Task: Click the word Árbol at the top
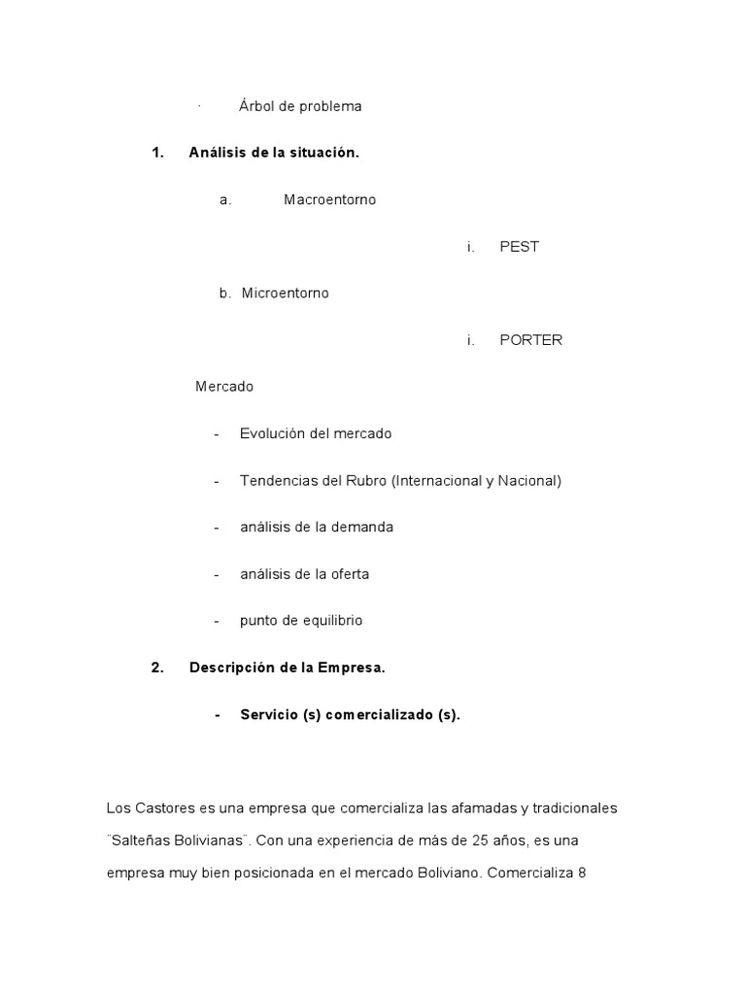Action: [x=256, y=106]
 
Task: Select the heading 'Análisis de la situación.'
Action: [x=274, y=153]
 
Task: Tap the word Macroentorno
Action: [x=329, y=199]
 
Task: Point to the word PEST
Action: [x=519, y=246]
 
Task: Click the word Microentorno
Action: [x=285, y=292]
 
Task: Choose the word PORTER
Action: [x=530, y=340]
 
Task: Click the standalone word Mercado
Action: [x=224, y=387]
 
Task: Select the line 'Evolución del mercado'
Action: [x=316, y=433]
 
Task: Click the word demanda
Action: [x=361, y=527]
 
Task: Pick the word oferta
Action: [x=348, y=573]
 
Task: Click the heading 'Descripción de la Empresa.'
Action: [x=288, y=668]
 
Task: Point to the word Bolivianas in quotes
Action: [x=209, y=840]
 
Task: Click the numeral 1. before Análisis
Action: [x=158, y=153]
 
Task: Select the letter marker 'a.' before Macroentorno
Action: [x=225, y=199]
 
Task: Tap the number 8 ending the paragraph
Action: [x=582, y=872]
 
